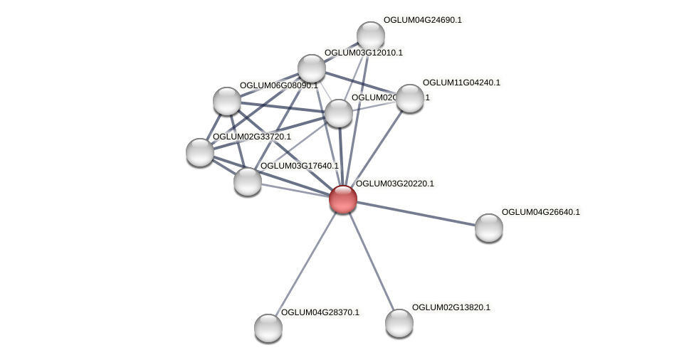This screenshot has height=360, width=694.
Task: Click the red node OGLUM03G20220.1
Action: coord(342,199)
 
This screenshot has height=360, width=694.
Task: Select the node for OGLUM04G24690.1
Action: coord(370,36)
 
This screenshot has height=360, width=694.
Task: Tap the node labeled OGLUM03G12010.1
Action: coord(311,68)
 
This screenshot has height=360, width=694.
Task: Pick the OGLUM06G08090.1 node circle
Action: coord(226,101)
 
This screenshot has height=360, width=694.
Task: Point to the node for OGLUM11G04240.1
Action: coord(409,98)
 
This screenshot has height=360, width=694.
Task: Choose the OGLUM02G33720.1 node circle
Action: coord(199,152)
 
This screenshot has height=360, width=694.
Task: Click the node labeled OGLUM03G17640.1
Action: coord(247,181)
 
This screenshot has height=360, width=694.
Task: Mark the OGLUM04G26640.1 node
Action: coord(488,228)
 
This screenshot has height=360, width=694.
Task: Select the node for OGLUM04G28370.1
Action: coord(268,328)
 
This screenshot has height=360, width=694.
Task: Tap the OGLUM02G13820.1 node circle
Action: coord(399,323)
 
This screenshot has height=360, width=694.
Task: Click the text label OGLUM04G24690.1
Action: coord(423,20)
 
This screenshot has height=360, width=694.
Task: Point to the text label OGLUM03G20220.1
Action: coord(394,184)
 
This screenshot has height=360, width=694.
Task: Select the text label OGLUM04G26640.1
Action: coord(540,212)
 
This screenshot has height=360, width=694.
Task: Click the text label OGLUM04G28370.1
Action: coord(320,312)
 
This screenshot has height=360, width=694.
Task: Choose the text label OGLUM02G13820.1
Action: coord(451,307)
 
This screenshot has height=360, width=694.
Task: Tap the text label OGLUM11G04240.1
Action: coord(461,83)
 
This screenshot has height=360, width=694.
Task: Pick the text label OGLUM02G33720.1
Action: coord(251,137)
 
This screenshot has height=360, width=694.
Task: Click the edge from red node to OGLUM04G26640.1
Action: coord(416,213)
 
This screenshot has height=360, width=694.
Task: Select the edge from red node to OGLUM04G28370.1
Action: coord(305,264)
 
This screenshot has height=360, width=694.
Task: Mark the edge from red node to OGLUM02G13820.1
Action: coord(371,261)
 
